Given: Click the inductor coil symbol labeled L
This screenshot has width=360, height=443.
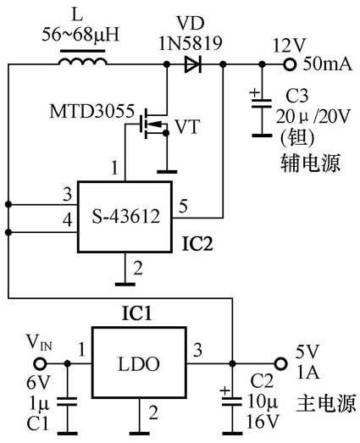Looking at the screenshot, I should click(83, 63).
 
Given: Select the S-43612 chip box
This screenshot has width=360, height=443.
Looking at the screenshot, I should click(125, 216).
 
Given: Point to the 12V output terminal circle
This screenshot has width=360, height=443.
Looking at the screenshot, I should click(290, 64).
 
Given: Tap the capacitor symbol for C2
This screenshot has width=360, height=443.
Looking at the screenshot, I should click(230, 396).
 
